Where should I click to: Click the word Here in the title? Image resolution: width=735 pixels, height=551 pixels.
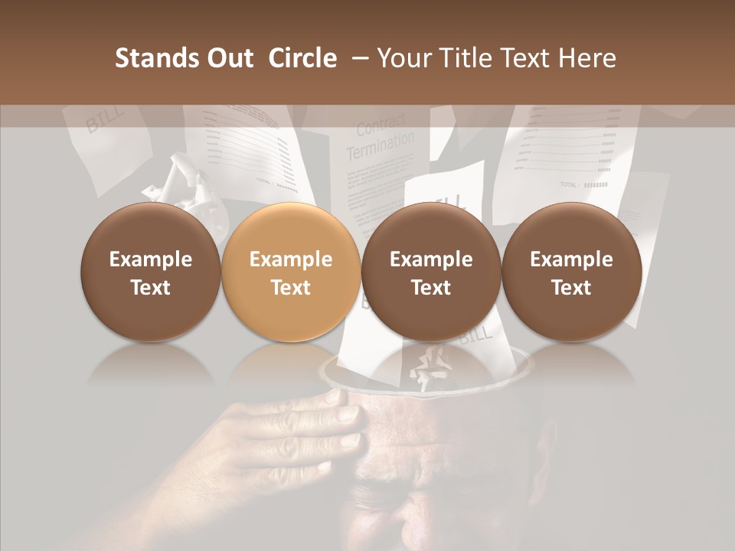click(589, 58)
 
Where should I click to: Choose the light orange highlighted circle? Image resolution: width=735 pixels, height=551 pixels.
click(291, 272)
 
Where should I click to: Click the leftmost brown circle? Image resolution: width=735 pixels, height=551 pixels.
click(151, 272)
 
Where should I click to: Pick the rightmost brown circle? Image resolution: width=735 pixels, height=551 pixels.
click(571, 272)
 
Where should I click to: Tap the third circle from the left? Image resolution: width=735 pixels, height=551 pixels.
click(431, 272)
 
